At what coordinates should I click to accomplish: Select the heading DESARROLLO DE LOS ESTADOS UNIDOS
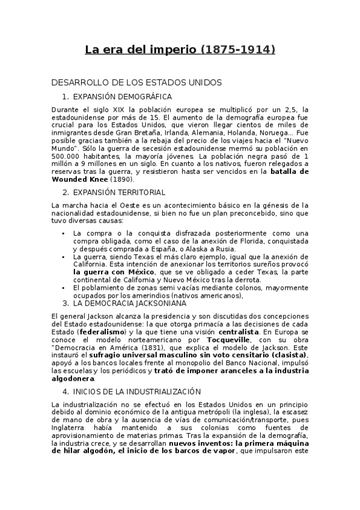137,82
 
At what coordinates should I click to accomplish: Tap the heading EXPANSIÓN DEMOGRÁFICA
122,96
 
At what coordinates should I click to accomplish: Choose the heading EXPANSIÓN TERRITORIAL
118,192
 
